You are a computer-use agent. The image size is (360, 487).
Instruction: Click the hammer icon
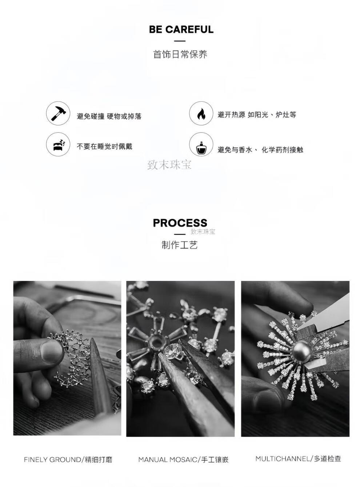pos(58,113)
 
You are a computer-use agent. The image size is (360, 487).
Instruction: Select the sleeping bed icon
pos(59,145)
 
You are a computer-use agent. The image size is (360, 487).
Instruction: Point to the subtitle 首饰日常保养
pos(180,54)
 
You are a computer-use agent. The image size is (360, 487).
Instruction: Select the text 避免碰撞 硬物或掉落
pos(109,116)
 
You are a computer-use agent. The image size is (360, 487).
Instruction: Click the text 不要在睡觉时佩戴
pos(104,146)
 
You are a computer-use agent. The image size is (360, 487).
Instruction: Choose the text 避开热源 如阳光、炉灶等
pos(257,114)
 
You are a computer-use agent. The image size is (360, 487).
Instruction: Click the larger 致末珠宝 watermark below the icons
pos(169,165)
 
